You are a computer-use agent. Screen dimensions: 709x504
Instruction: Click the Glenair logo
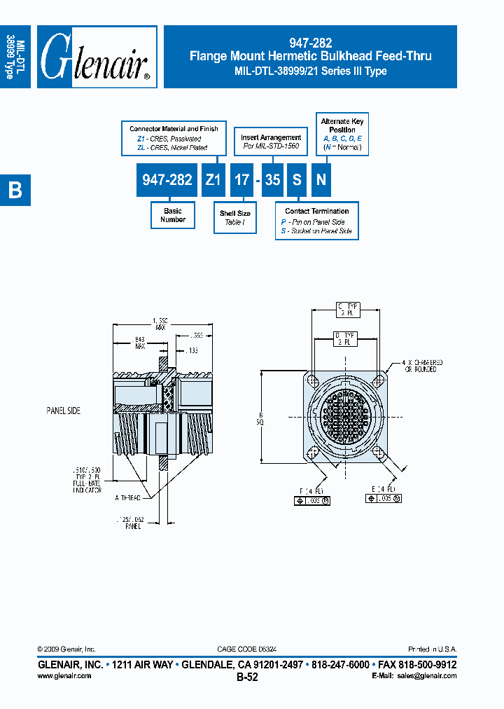[96, 57]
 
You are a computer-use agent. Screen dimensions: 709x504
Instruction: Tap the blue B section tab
[15, 190]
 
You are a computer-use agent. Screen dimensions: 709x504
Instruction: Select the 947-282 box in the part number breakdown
[167, 180]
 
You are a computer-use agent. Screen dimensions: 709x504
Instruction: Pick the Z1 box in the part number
[213, 180]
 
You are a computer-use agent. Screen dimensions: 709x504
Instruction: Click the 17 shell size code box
[241, 180]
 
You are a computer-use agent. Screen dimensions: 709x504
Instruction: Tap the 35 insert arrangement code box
[272, 180]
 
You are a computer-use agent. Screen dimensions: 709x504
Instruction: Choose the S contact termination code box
[297, 180]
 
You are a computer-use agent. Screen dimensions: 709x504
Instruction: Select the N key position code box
[321, 180]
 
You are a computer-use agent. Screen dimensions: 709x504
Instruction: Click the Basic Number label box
[172, 215]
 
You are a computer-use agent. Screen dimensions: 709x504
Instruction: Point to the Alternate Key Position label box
[342, 134]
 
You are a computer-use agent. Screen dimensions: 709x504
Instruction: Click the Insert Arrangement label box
[271, 141]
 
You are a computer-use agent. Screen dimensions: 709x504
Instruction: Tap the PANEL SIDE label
[64, 411]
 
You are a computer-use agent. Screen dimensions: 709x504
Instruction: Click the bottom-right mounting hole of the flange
[378, 452]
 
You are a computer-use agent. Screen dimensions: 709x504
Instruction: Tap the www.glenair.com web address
[64, 675]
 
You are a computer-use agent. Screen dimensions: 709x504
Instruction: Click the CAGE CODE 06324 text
[251, 649]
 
